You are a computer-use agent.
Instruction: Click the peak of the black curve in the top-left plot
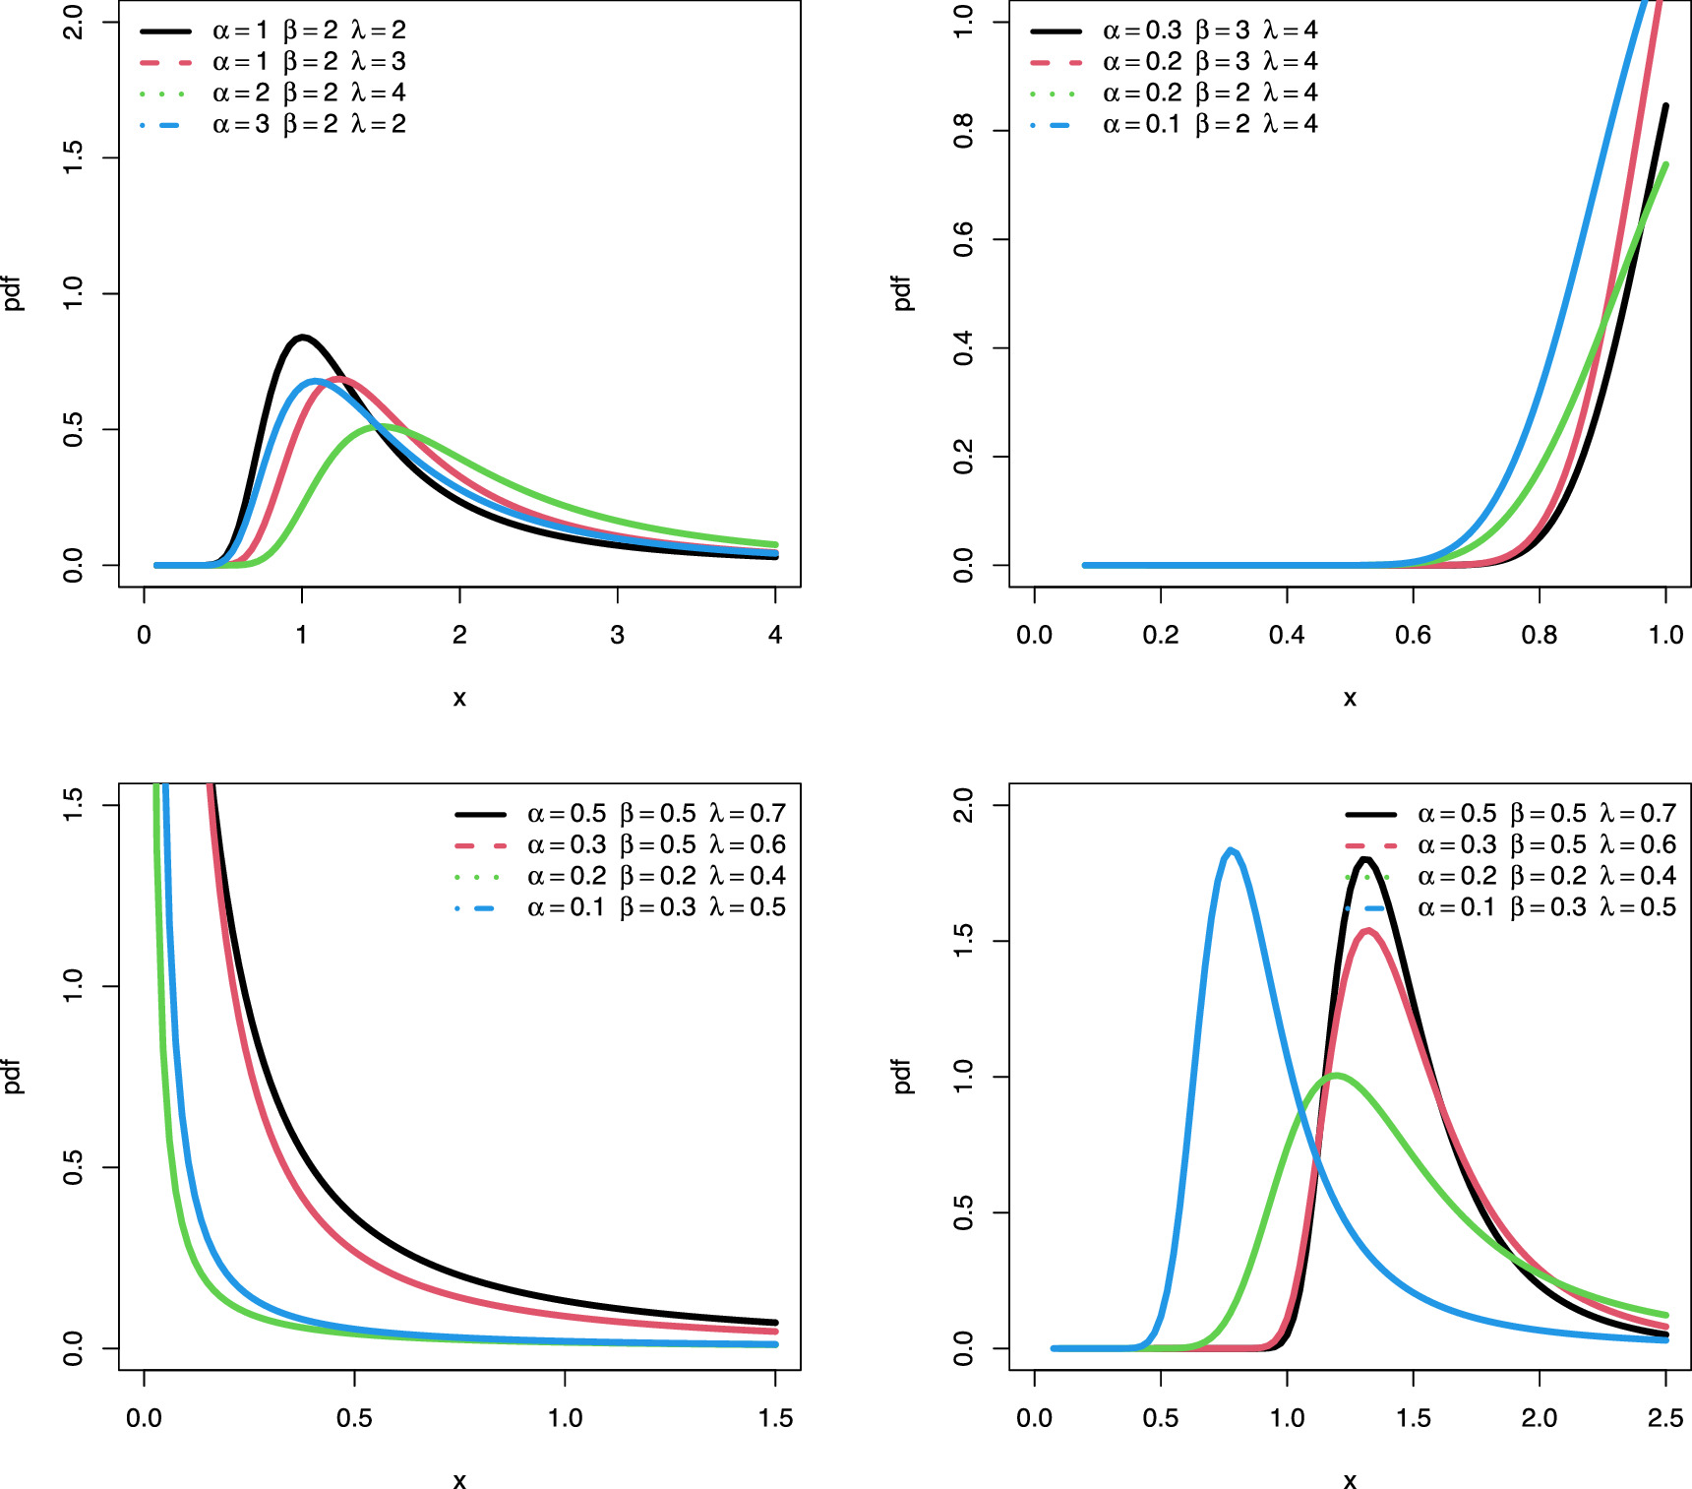coord(302,338)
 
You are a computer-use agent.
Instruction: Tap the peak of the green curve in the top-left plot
coord(379,426)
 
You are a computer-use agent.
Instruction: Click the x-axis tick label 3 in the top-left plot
coord(617,635)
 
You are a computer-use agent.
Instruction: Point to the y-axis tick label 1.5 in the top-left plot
coord(73,157)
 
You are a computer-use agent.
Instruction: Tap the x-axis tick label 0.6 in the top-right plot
coord(1413,635)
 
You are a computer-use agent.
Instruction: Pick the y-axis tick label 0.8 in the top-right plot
coord(964,130)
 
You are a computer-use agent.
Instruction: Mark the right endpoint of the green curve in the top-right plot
coord(1665,164)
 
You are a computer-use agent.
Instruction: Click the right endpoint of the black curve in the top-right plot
coord(1665,105)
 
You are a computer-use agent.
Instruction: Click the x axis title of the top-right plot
coord(1350,698)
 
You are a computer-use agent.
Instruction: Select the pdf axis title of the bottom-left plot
coord(12,1076)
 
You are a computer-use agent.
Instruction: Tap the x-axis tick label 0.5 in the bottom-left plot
coord(354,1418)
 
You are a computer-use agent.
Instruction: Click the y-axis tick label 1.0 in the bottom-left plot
coord(73,986)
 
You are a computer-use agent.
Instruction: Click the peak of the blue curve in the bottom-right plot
coord(1232,850)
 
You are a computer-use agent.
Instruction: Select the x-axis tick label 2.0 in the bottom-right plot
coord(1539,1418)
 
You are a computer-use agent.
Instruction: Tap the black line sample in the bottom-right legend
coord(1370,814)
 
